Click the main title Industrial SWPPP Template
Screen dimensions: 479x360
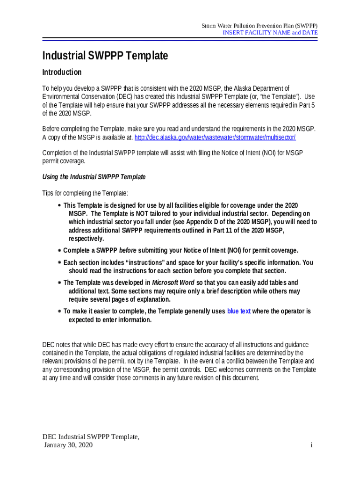(105, 56)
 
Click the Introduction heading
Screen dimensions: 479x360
(62, 72)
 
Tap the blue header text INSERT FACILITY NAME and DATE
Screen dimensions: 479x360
(270, 33)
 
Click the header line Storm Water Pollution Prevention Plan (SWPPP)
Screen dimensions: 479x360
(259, 25)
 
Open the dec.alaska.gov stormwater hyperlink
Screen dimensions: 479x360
(215, 138)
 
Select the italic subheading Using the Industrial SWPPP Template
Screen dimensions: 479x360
(94, 177)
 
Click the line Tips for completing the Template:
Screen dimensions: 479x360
(85, 193)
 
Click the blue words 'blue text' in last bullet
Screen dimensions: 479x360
(239, 311)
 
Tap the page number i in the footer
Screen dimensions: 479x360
(311, 445)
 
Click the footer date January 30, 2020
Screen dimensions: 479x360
(68, 445)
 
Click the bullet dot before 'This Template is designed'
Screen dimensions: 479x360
(59, 206)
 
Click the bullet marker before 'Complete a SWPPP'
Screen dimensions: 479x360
(59, 250)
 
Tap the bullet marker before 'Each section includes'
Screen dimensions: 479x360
(59, 263)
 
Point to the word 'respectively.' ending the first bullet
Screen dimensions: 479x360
(86, 239)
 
